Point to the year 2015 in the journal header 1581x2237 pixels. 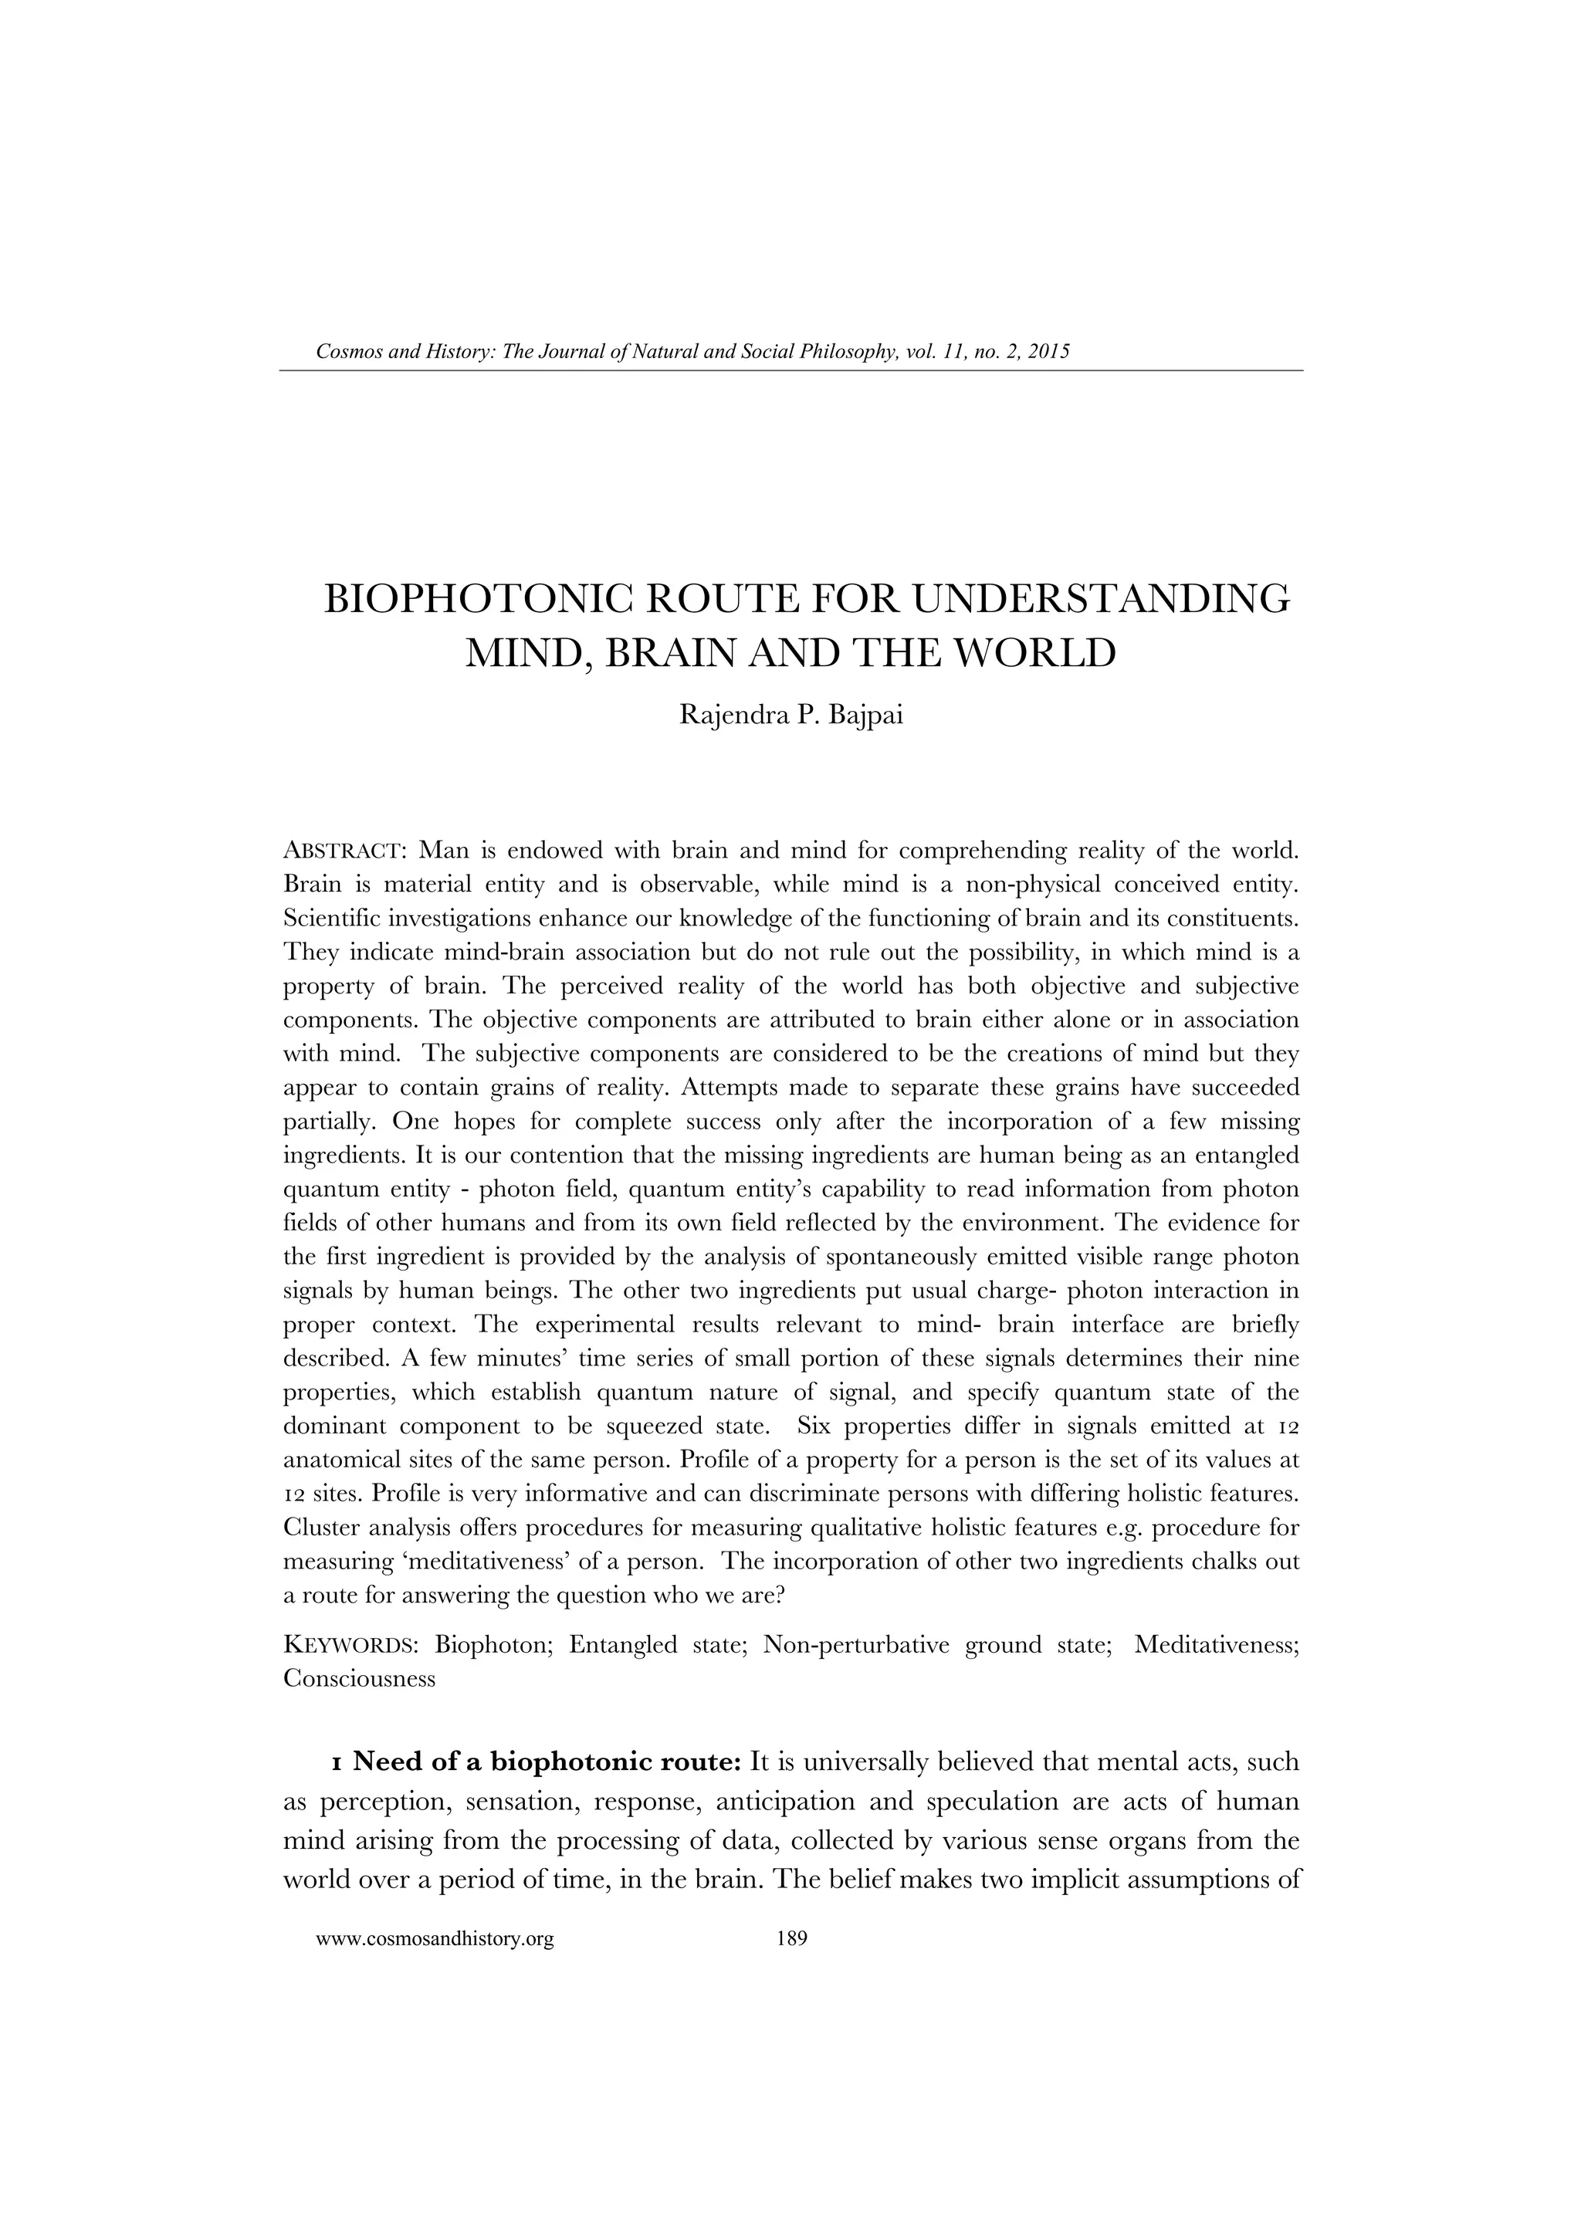pyautogui.click(x=1048, y=352)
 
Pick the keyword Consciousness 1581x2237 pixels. pyautogui.click(x=358, y=1679)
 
